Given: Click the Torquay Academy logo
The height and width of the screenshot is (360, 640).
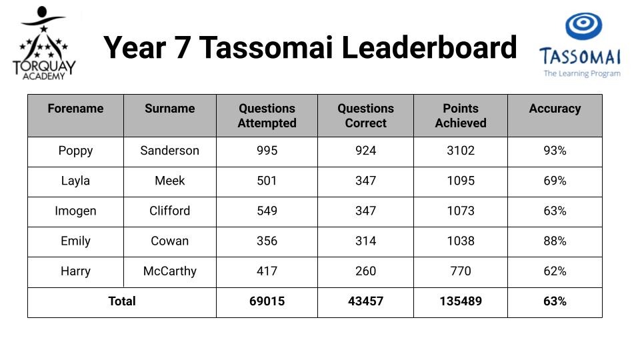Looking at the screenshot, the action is (44, 43).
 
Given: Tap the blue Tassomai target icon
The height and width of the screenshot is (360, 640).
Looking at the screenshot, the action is (583, 26).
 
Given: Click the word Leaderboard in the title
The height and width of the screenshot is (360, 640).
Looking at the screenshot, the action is (429, 47).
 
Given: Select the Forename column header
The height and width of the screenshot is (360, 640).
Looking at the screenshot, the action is (75, 108).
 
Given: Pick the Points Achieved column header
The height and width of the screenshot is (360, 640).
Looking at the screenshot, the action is (461, 115).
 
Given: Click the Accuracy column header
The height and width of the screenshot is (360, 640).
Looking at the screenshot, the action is (555, 109).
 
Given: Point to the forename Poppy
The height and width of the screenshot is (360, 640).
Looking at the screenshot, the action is (75, 151).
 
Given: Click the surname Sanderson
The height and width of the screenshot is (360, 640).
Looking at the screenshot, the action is (170, 151).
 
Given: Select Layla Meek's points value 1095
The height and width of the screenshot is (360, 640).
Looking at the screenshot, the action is (461, 181).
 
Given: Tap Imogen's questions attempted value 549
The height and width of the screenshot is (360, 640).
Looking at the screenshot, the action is (267, 211).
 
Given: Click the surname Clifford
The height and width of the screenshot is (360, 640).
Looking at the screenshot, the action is (170, 211).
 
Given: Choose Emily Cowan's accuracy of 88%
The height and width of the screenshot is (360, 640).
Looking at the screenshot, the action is (555, 241).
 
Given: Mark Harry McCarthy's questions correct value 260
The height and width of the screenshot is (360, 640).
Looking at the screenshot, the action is (365, 271).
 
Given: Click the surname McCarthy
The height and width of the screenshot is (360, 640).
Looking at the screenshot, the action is (170, 271).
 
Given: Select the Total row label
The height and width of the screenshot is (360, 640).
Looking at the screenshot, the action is (121, 301).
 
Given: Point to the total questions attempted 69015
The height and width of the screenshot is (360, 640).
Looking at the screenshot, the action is (267, 301).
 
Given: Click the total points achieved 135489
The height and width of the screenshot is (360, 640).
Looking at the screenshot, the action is (461, 301).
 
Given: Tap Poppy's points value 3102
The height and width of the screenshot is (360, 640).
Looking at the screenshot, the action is (461, 151).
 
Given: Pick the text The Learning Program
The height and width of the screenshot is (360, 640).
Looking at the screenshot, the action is (582, 74).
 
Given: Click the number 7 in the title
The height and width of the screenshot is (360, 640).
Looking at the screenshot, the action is (183, 48).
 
